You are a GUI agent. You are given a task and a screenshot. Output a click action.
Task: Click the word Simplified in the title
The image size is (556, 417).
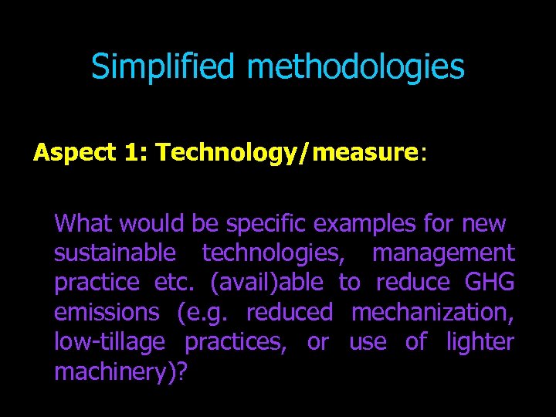click(x=162, y=67)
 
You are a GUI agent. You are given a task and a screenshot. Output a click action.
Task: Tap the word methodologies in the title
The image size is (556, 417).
click(x=356, y=67)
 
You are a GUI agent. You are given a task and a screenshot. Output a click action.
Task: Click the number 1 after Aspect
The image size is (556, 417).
click(x=132, y=153)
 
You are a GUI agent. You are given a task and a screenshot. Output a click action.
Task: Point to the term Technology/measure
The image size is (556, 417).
click(x=286, y=153)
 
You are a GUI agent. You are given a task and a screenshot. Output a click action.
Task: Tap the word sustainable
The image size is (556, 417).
click(x=115, y=253)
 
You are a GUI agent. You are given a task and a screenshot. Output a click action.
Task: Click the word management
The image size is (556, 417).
click(x=443, y=253)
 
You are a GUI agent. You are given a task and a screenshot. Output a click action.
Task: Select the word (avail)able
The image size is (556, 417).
click(x=266, y=283)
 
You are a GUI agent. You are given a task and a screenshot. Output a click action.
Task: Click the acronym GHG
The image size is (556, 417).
click(x=490, y=283)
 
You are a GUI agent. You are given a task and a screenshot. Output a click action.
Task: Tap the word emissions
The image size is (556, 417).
click(x=106, y=313)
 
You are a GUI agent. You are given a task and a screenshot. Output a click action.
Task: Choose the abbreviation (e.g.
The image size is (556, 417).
click(x=203, y=313)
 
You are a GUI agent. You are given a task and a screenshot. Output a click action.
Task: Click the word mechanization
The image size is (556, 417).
click(x=432, y=313)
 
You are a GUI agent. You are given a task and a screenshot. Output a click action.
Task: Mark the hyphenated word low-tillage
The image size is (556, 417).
click(x=110, y=342)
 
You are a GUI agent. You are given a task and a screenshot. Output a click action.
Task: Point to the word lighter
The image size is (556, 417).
click(x=480, y=342)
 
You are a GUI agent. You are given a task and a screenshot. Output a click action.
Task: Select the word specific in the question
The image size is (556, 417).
click(x=270, y=224)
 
